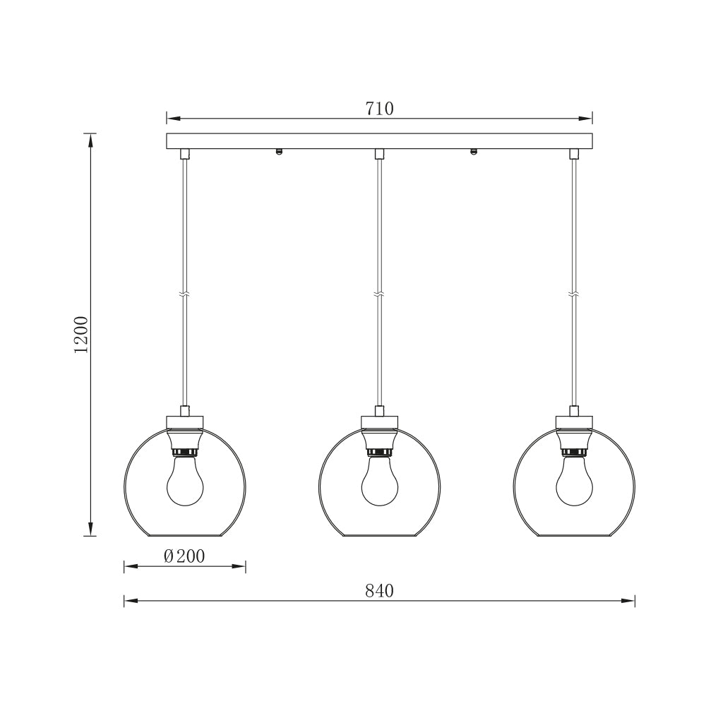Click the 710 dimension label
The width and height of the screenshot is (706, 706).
(379, 109)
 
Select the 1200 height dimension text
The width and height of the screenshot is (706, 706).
(82, 334)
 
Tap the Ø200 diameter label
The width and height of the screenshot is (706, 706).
(184, 556)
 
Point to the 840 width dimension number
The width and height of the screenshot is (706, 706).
(379, 591)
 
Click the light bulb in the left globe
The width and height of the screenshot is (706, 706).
(185, 482)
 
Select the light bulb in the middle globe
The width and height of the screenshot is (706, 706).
(379, 482)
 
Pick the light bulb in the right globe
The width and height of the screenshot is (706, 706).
(573, 482)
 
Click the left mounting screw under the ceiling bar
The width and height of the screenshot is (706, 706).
(280, 151)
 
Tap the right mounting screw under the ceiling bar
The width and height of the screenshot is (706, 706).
(473, 151)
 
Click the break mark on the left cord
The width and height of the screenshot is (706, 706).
(185, 294)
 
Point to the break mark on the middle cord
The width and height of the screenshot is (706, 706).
(379, 294)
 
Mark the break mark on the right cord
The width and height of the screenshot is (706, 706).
(573, 294)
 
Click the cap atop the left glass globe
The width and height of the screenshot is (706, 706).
(185, 423)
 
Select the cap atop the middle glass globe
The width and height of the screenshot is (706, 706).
(379, 423)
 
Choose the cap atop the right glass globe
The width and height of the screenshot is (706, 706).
(573, 423)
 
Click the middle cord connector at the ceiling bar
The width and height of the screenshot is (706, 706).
(379, 154)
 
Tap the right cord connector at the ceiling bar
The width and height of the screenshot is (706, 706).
(573, 154)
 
